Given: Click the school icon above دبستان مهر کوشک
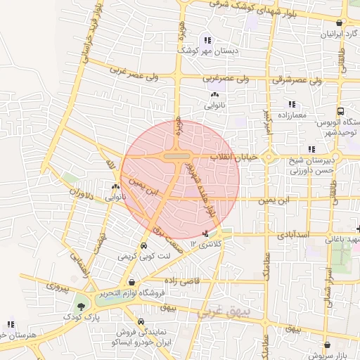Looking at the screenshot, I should point(207,39).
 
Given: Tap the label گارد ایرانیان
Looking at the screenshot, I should point(337,34).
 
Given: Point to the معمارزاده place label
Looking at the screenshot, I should point(291,114).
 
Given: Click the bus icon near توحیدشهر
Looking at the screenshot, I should point(341,111).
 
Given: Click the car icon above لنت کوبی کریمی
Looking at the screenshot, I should point(144,247).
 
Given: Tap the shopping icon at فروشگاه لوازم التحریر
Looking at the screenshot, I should point(131,283).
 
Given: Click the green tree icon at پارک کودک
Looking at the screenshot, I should point(82,307).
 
